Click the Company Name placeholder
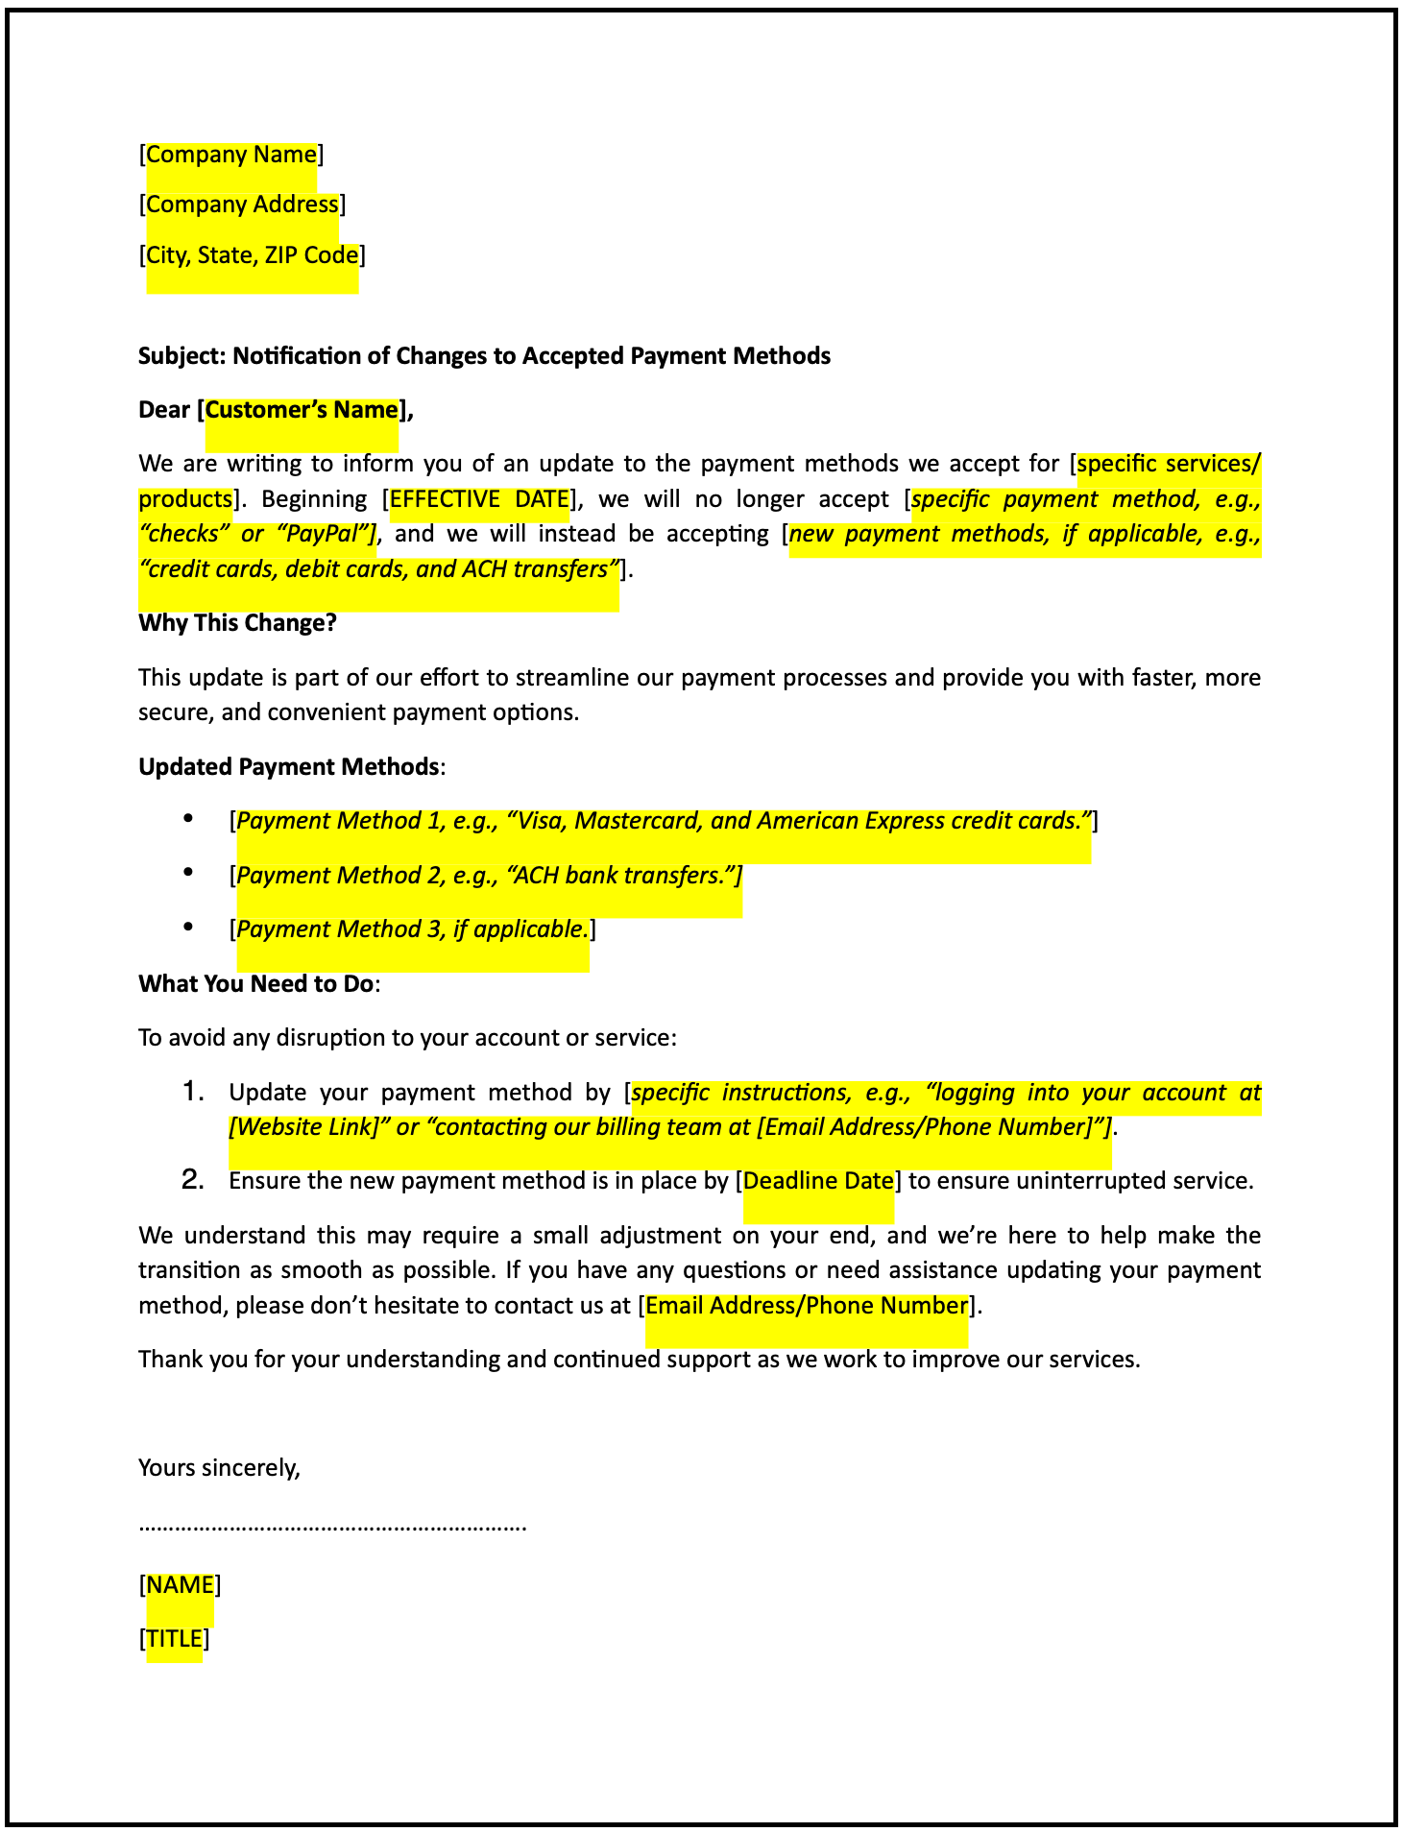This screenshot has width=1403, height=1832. point(230,155)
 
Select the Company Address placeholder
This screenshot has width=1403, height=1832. point(242,205)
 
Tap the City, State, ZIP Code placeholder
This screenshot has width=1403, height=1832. point(252,255)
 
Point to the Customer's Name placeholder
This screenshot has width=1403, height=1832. point(302,410)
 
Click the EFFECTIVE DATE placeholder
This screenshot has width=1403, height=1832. point(479,499)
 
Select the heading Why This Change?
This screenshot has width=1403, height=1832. point(237,623)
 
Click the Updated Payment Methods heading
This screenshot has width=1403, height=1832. point(289,767)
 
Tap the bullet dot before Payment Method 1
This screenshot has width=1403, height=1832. point(188,818)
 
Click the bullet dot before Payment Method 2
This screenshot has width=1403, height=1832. point(188,872)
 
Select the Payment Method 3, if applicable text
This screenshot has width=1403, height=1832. point(412,929)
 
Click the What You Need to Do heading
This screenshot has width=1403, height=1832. point(255,984)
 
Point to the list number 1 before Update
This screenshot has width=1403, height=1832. point(193,1092)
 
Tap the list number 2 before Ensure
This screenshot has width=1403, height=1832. point(193,1180)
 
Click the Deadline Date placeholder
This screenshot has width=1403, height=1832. point(818,1181)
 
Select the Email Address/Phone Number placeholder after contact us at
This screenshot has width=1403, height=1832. point(806,1306)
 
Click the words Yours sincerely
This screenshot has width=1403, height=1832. point(219,1467)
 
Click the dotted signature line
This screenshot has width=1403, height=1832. point(332,1525)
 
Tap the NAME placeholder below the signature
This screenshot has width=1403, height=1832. point(180,1584)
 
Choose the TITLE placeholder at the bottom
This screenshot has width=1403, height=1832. point(174,1638)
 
